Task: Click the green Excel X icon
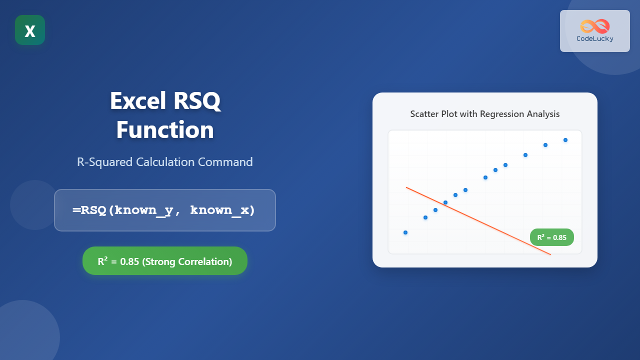tap(30, 30)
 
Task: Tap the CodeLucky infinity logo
tap(594, 26)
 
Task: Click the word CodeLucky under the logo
tap(594, 38)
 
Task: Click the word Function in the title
tap(165, 130)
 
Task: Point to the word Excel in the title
tap(138, 101)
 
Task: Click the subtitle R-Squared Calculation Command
tap(165, 162)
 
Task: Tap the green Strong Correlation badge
tap(165, 261)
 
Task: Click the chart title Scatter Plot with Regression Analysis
tap(485, 114)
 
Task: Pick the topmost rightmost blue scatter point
tap(565, 140)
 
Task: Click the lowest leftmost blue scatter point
tap(405, 232)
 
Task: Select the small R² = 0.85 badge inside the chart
tap(552, 237)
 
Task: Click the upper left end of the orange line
tap(407, 188)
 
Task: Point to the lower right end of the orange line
tap(550, 254)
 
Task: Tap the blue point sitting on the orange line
tap(445, 202)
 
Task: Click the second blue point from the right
tap(545, 145)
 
